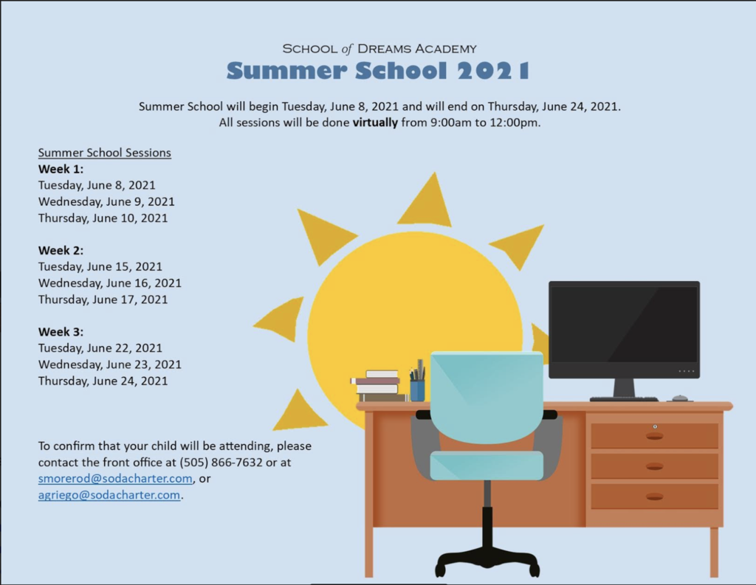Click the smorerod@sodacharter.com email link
(115, 479)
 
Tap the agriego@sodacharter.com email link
(109, 495)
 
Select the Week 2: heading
(61, 251)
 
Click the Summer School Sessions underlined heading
(105, 153)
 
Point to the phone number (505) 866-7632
(221, 463)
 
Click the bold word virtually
(375, 122)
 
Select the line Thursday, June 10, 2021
(103, 218)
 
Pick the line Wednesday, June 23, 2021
(110, 364)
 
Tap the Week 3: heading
(61, 332)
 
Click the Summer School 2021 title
(378, 71)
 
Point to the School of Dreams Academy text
(379, 49)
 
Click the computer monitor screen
(624, 325)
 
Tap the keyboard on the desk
(624, 399)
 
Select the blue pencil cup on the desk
(418, 390)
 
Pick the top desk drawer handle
(654, 436)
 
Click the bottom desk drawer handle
(654, 496)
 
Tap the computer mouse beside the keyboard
(680, 398)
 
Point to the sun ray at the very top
(425, 200)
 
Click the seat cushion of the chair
(487, 465)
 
